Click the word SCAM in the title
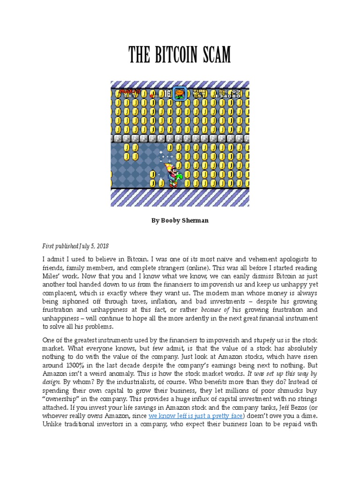[213, 55]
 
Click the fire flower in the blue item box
[180, 94]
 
